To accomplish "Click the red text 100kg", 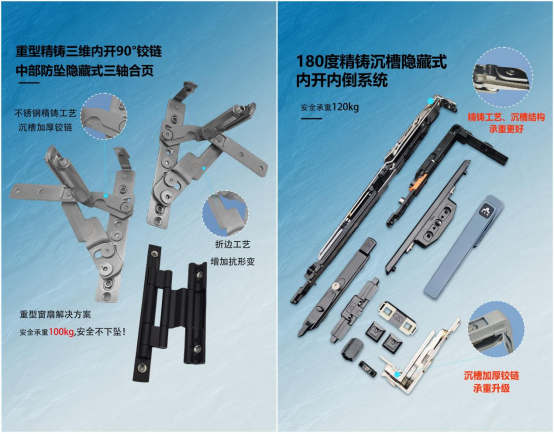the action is (61, 332).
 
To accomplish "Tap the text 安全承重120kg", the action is (330, 107).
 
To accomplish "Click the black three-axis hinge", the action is (170, 313).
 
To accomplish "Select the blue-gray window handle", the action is (464, 246).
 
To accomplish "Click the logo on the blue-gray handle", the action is (485, 211).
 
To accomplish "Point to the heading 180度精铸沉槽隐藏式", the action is (371, 61).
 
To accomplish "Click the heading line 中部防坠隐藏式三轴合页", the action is (85, 71).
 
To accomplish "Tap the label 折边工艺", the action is (232, 244).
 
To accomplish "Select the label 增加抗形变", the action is (232, 262).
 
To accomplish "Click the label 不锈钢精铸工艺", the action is (45, 113).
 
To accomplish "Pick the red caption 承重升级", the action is (491, 388).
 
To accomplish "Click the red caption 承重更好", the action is (506, 129).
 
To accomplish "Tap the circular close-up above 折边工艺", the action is (225, 213).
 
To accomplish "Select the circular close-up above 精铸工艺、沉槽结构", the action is (503, 78).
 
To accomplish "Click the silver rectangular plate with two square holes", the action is (396, 317).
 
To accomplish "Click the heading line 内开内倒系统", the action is (342, 80).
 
